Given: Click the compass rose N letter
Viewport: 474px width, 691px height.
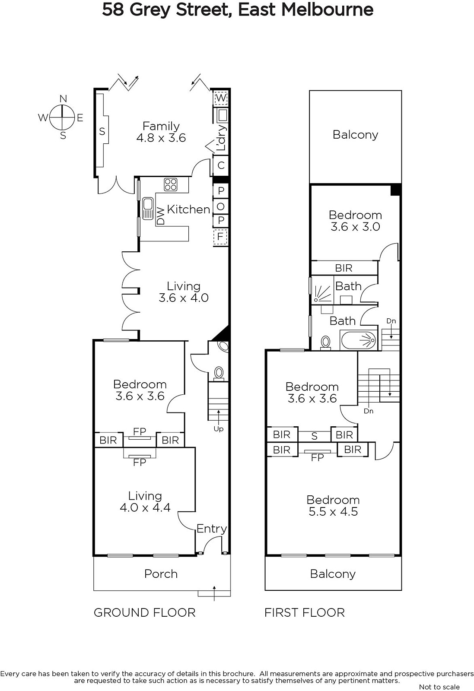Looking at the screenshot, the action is coord(63,99).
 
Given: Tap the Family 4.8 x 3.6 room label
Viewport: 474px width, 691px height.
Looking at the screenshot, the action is coord(161,132).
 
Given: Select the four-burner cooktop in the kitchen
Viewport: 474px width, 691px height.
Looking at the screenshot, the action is coord(171,184).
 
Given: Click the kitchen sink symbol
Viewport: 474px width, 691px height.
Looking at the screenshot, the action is coord(148,209).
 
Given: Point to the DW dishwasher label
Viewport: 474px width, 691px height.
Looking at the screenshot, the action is coord(161,216).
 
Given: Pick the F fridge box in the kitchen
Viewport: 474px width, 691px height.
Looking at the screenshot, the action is coord(220,237).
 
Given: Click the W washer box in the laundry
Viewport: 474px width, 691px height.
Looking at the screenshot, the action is coord(221,98).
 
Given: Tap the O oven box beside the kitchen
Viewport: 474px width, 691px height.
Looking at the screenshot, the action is coord(221,206).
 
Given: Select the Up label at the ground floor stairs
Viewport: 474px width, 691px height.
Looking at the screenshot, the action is coord(219,429).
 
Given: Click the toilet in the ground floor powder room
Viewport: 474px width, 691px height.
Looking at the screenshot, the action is coord(219,373).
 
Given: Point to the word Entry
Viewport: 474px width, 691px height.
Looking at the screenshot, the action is coord(212,529).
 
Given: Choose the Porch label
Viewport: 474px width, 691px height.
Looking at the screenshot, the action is coord(161,574).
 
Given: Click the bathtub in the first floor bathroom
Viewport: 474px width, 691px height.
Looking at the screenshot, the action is coord(359,340).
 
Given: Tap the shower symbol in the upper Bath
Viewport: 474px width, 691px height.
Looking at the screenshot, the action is coord(322,293).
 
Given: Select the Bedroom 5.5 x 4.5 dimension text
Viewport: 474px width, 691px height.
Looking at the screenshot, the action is coord(333,511).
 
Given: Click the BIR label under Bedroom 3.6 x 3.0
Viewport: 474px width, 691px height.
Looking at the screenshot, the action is coord(344,268).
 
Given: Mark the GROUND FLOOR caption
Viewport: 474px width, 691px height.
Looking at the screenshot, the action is coord(145,613).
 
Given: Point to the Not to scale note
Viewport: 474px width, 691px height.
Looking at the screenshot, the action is coord(439,687).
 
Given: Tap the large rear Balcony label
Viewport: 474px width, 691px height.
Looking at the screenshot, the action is coord(356,135).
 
